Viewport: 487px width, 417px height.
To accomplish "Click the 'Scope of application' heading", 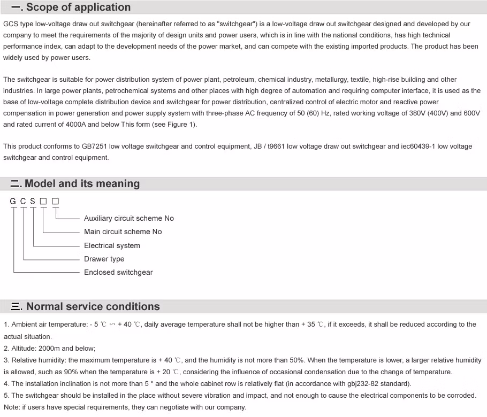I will [x=78, y=7].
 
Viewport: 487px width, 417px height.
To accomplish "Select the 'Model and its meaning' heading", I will [x=82, y=183].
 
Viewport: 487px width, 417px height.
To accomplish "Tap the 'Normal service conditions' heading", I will [x=93, y=306].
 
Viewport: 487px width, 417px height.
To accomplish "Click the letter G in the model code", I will [x=13, y=202].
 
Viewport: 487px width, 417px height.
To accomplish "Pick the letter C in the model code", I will [x=23, y=202].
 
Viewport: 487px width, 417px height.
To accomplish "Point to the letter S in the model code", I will [x=33, y=202].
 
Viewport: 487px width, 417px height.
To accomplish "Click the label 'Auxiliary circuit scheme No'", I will [x=128, y=218].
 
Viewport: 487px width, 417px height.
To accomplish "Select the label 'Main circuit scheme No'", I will [x=123, y=231].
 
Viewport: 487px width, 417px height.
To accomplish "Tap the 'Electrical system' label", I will [x=112, y=245].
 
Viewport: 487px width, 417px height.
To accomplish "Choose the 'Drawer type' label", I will [x=104, y=259].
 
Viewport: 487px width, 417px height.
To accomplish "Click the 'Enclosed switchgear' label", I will [x=118, y=272].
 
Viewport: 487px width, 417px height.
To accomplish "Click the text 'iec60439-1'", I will [x=418, y=146].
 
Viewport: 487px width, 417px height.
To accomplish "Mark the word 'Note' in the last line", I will [x=11, y=407].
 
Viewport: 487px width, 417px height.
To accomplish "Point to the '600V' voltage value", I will [x=470, y=113].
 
